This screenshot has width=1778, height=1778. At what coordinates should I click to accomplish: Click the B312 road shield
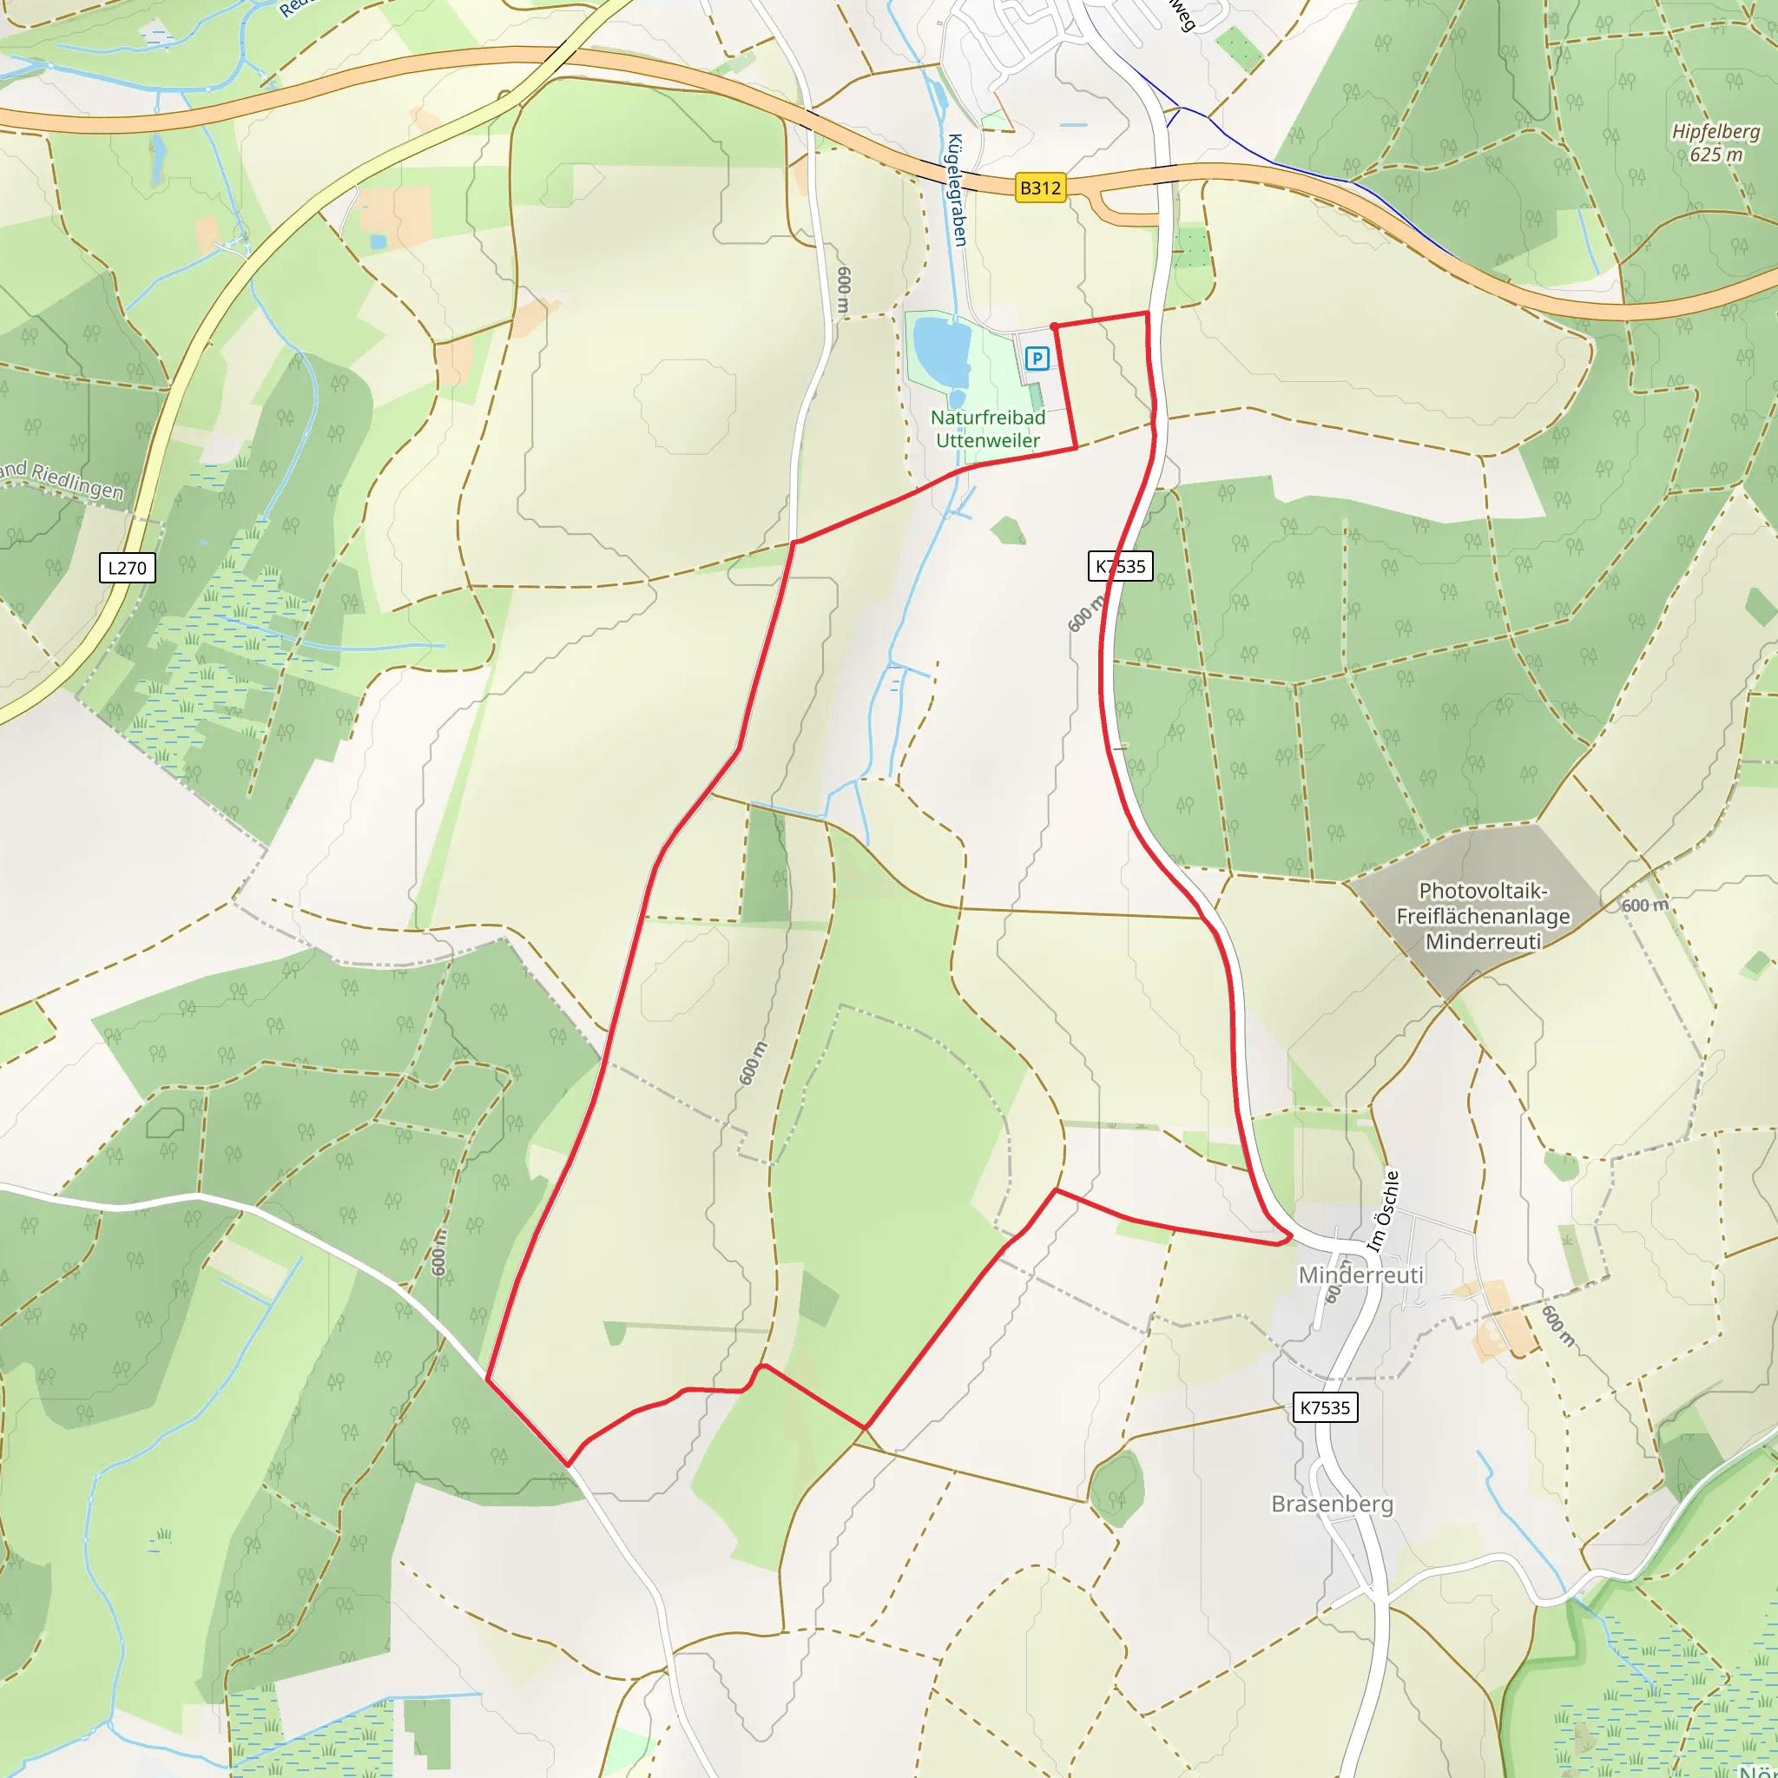(x=1040, y=188)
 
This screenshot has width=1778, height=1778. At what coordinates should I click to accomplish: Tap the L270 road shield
(x=127, y=568)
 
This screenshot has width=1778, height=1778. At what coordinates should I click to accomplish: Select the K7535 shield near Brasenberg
(x=1324, y=1407)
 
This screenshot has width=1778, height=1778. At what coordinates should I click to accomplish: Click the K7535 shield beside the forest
(x=1120, y=566)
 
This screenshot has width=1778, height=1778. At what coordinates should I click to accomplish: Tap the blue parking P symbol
(x=1037, y=358)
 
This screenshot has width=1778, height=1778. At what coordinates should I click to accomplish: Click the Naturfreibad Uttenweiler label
(x=987, y=429)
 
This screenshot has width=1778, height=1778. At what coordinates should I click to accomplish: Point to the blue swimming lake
(x=940, y=351)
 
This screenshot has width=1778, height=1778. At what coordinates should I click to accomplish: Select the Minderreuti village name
(x=1360, y=1274)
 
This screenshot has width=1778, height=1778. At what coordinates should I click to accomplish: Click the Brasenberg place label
(x=1332, y=1504)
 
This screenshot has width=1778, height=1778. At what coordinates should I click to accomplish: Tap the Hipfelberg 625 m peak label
(x=1715, y=142)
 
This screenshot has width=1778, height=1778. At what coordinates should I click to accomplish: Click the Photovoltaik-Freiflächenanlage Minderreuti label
(x=1483, y=916)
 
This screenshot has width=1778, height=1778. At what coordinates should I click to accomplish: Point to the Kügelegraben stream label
(x=957, y=189)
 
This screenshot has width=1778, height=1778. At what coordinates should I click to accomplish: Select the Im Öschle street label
(x=1382, y=1211)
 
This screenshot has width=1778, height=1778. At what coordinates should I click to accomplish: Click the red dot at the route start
(x=1054, y=326)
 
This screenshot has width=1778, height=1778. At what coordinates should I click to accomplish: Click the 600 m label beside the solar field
(x=1644, y=905)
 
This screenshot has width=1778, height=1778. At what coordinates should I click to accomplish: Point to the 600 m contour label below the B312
(x=844, y=291)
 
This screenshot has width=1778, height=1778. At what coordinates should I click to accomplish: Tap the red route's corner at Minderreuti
(x=1290, y=1237)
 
